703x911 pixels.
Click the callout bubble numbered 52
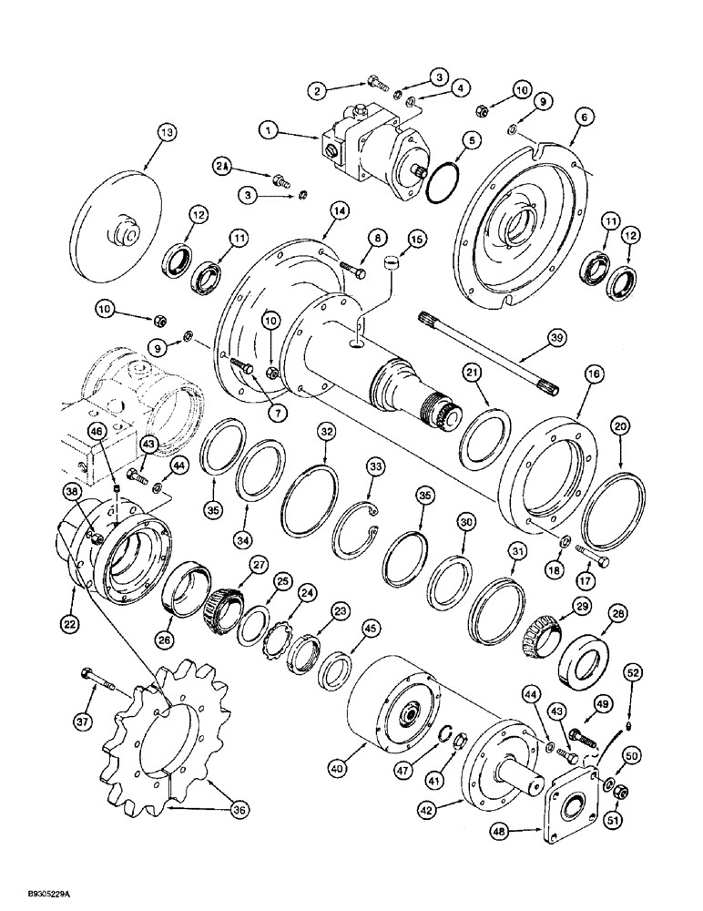click(x=633, y=672)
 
